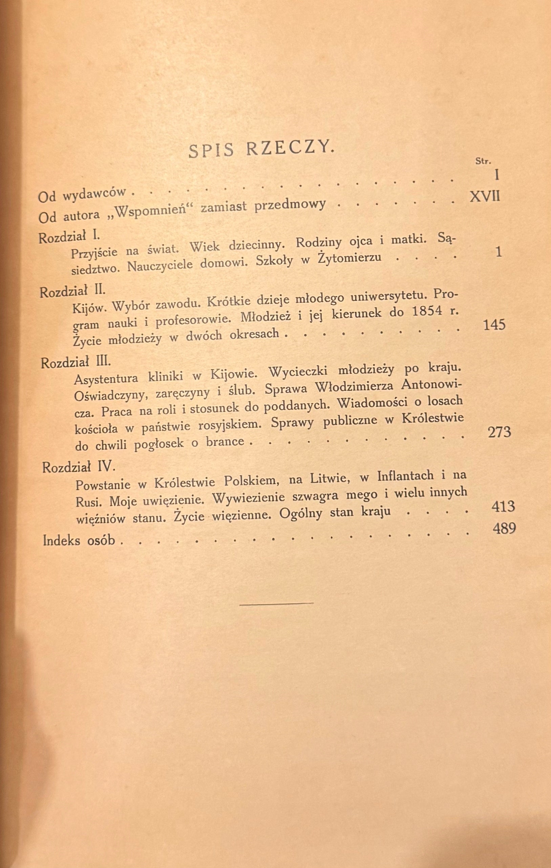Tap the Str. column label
[x=483, y=161]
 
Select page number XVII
[x=485, y=197]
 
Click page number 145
[x=494, y=325]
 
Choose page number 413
[x=503, y=506]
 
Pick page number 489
[x=504, y=528]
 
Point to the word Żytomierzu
[x=349, y=258]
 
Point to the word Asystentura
[x=106, y=378]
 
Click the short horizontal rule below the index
[x=276, y=603]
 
